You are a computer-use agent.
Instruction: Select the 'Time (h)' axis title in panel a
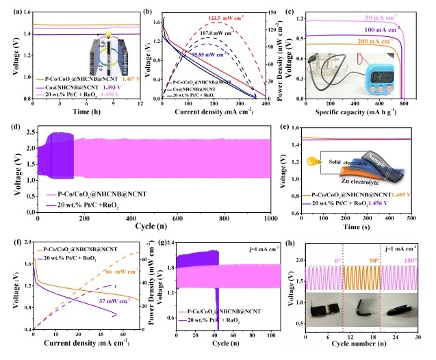(77, 112)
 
